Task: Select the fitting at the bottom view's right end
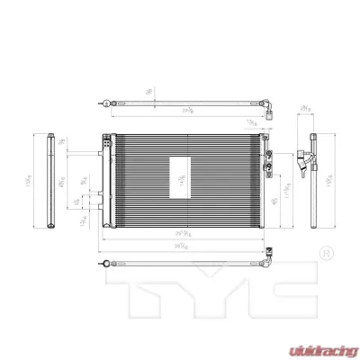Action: coord(267,262)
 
